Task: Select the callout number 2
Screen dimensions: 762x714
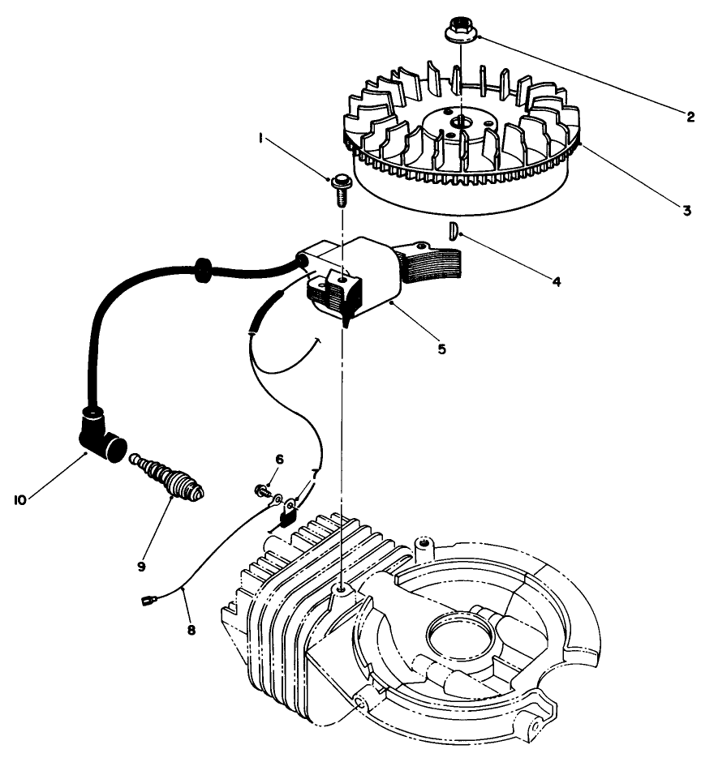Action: (x=690, y=117)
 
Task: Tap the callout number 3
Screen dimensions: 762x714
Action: (x=686, y=211)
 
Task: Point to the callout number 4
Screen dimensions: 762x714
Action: (x=556, y=282)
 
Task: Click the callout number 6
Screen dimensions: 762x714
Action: (x=278, y=460)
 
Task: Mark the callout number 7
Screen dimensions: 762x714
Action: (x=315, y=473)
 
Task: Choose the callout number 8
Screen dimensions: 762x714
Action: (x=191, y=627)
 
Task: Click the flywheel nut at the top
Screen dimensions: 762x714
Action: (x=460, y=31)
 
